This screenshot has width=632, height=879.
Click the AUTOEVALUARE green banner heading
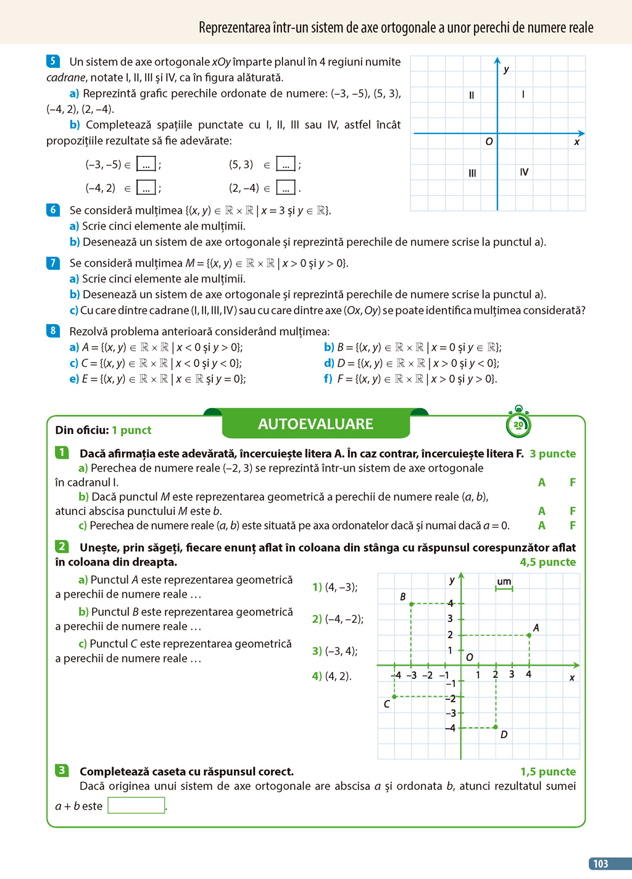tap(315, 424)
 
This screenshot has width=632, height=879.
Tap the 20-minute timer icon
tap(518, 423)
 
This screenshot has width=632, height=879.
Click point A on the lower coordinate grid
tap(530, 635)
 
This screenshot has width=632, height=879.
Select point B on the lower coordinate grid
tap(411, 604)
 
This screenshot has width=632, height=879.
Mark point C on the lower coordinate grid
tap(394, 697)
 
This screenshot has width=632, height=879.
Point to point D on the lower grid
tap(496, 728)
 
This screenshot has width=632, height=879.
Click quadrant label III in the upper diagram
tap(472, 173)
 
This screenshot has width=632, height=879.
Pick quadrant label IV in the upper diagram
tap(524, 172)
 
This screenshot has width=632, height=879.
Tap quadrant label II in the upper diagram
tap(472, 95)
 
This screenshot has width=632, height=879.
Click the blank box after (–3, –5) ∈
tap(146, 165)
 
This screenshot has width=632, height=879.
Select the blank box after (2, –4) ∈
tap(286, 188)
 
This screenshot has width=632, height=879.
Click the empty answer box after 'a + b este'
tap(136, 806)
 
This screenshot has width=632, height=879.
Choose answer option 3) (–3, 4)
tap(335, 651)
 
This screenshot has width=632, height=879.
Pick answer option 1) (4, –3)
tap(335, 587)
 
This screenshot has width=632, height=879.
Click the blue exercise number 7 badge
tap(53, 263)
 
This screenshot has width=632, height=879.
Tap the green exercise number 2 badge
tap(62, 547)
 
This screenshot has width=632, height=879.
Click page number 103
tap(601, 864)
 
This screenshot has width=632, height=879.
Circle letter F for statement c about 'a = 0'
tap(573, 526)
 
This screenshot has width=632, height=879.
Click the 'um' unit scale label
tap(504, 581)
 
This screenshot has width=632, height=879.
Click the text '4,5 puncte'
tap(547, 562)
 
